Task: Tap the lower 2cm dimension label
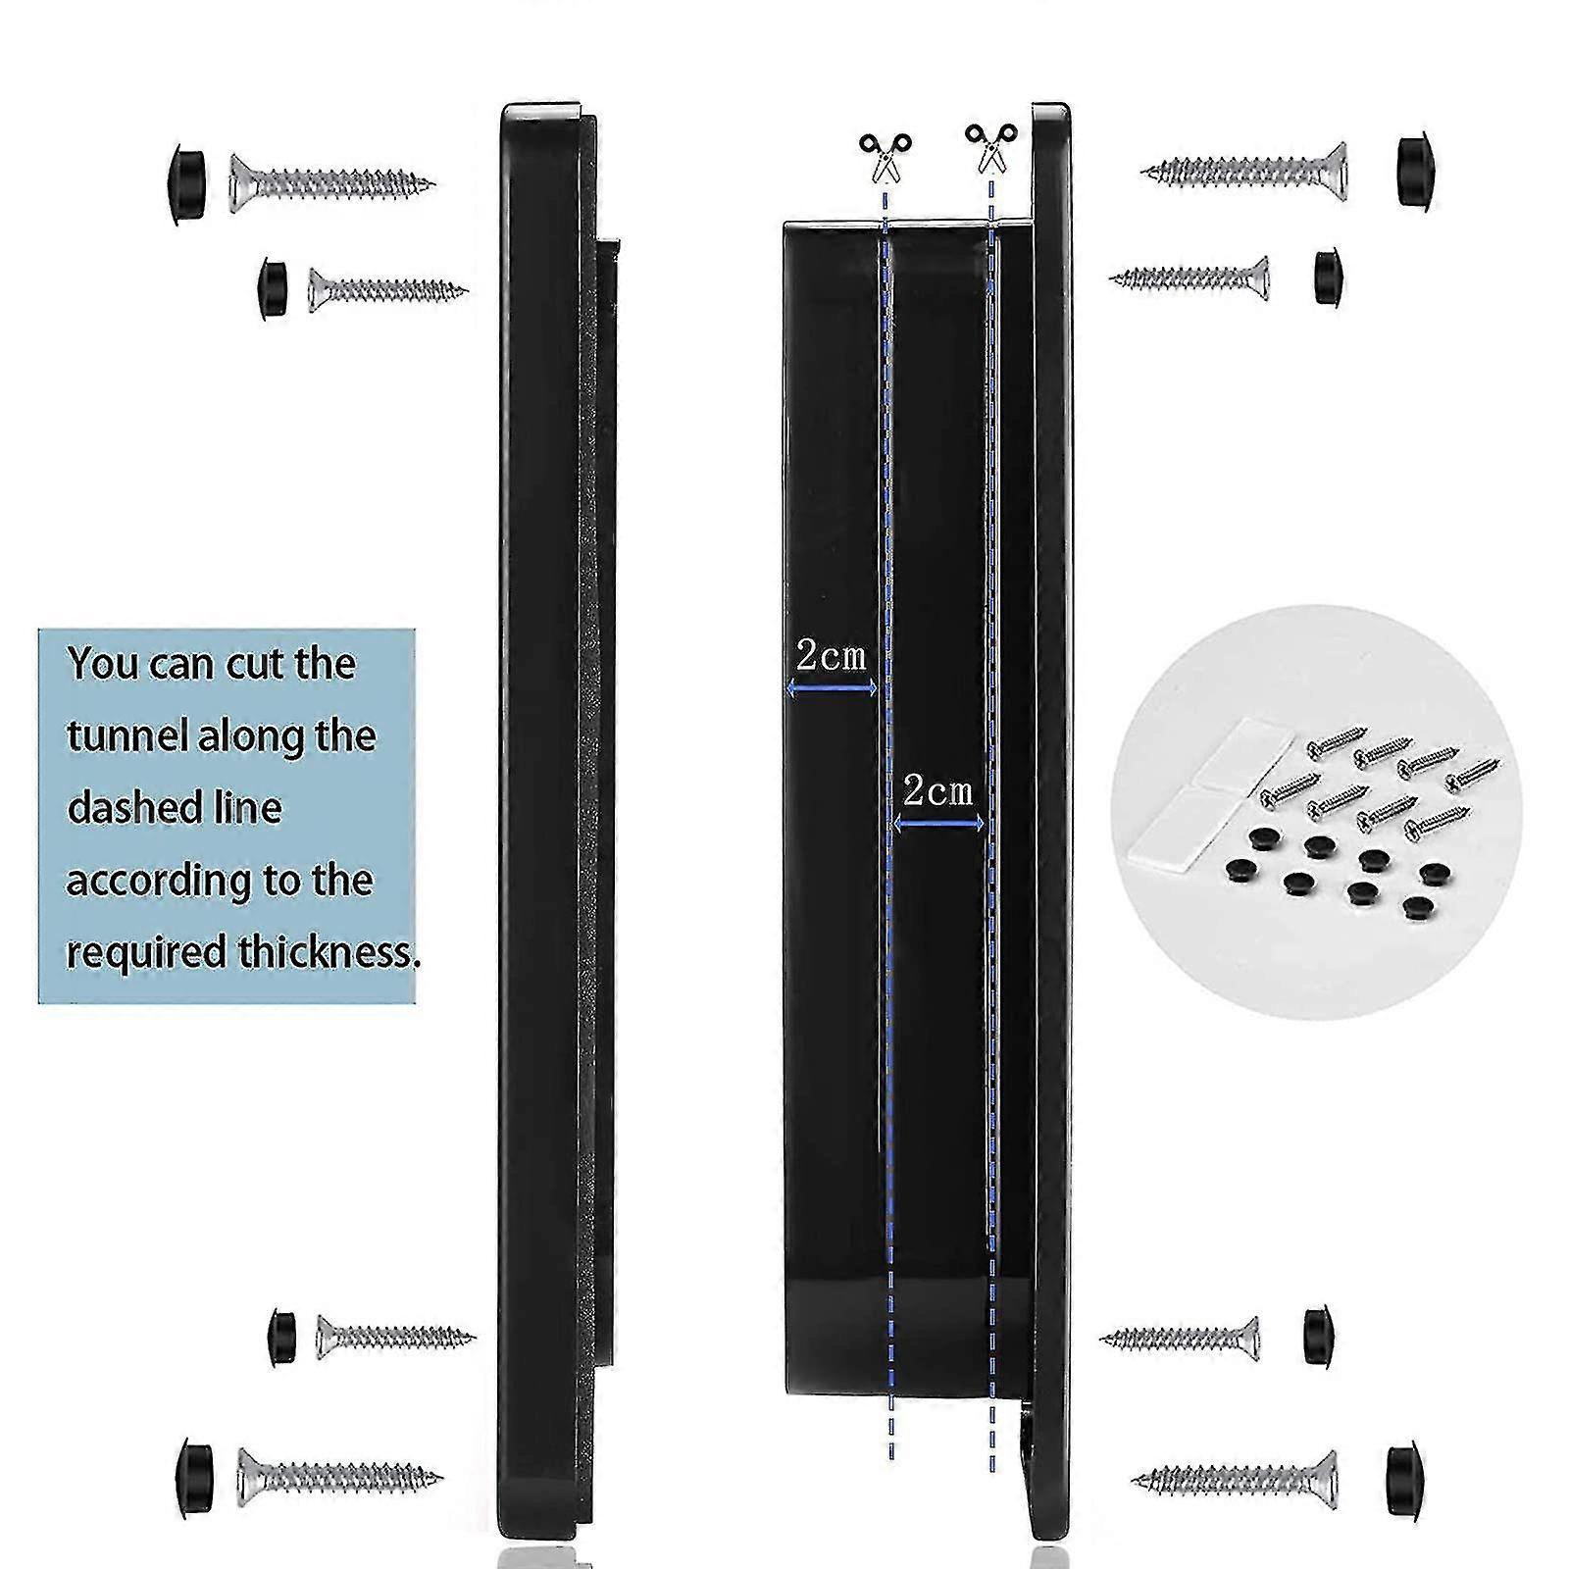point(937,791)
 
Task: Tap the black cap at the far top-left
point(183,184)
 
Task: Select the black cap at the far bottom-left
point(194,1477)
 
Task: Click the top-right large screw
point(1243,171)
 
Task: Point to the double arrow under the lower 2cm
point(938,825)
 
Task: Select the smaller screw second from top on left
point(387,289)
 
